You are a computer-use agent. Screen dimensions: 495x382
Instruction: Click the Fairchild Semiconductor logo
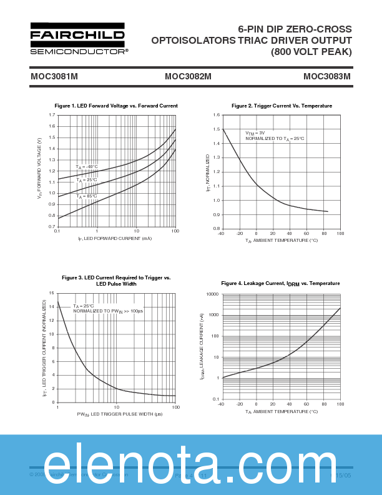(x=77, y=39)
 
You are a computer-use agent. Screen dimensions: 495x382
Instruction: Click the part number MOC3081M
(x=54, y=77)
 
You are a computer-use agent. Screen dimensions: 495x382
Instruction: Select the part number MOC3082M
(x=188, y=77)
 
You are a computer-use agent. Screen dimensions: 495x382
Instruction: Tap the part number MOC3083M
(x=327, y=77)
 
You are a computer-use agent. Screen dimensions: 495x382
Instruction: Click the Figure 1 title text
(x=116, y=106)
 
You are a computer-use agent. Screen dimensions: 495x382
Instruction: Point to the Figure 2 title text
(x=282, y=106)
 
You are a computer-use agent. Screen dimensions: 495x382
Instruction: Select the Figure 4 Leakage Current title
(x=280, y=284)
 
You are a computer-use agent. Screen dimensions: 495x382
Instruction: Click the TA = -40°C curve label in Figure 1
(x=87, y=167)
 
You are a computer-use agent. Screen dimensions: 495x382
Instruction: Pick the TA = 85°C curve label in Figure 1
(x=87, y=196)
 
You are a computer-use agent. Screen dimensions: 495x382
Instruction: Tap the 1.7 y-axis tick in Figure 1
(x=52, y=115)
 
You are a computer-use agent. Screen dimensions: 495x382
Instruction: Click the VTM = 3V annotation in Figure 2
(x=255, y=133)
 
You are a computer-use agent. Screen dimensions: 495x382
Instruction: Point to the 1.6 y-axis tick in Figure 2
(x=216, y=115)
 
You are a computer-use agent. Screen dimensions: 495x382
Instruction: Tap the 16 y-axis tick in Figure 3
(x=51, y=293)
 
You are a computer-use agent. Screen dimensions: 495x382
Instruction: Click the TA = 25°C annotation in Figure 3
(x=84, y=306)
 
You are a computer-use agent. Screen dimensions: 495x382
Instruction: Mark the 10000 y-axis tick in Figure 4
(x=212, y=294)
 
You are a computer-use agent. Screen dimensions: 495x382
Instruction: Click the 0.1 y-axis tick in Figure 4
(x=215, y=399)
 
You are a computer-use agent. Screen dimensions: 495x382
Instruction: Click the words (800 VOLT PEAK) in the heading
(x=311, y=52)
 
